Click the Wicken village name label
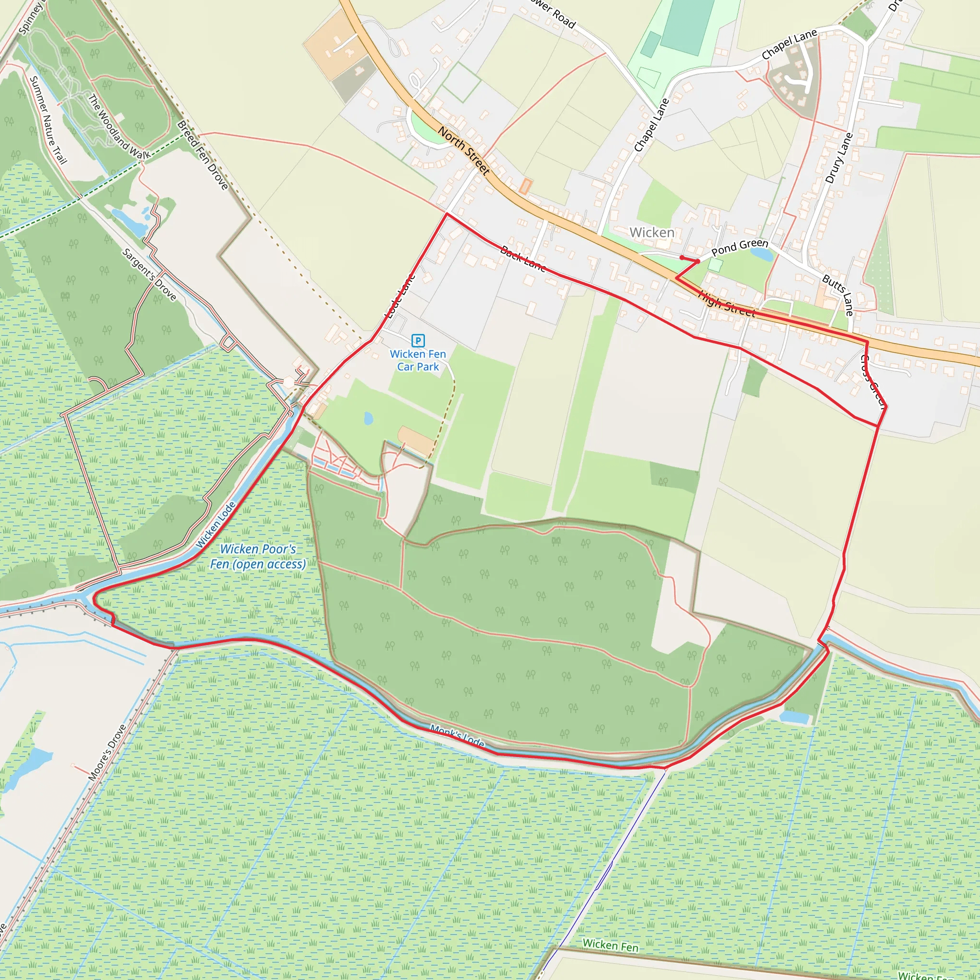pos(652,232)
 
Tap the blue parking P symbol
pos(418,340)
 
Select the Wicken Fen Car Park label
pos(418,360)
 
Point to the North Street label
pos(464,151)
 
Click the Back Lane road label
pos(523,259)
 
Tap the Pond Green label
pos(740,247)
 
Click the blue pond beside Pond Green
pos(762,254)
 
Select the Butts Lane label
pos(838,295)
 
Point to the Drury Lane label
pos(839,158)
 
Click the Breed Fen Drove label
pos(202,155)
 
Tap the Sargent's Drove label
pos(149,274)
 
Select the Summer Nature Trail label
pos(48,120)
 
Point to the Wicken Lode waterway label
pos(216,524)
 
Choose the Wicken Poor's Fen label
pos(258,557)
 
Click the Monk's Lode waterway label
pos(457,736)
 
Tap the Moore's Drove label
pos(107,753)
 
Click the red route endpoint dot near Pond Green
pos(682,258)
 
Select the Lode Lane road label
pos(400,296)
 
